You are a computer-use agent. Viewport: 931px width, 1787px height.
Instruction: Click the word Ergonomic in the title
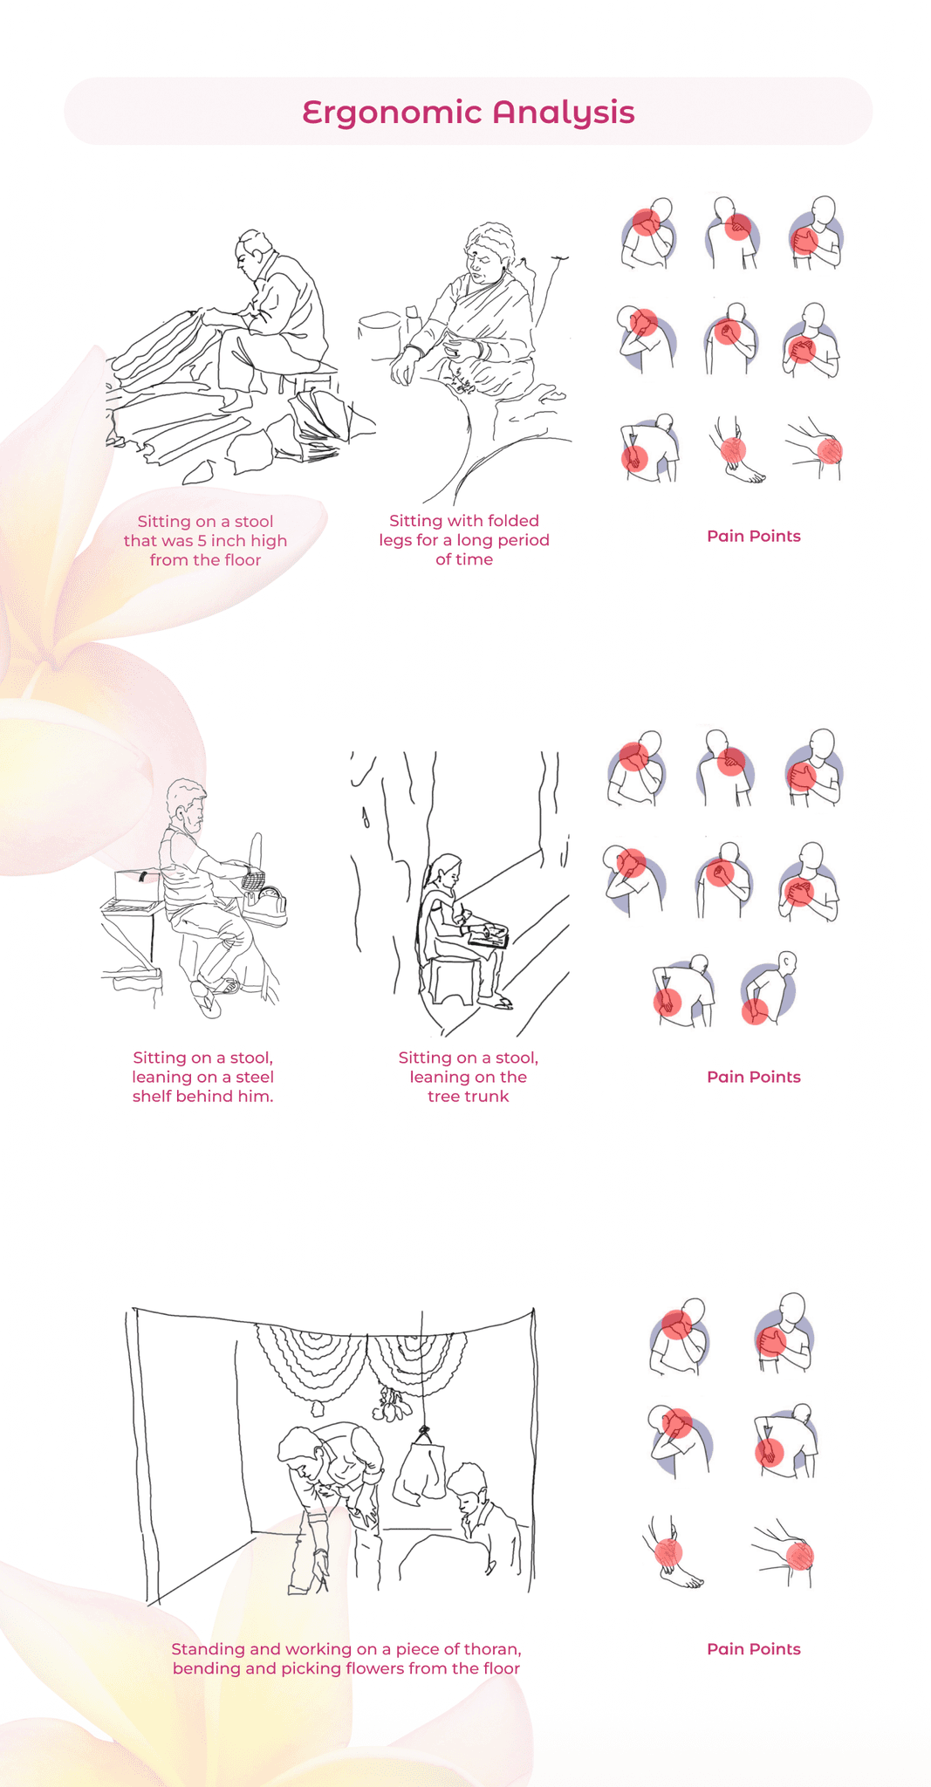391,113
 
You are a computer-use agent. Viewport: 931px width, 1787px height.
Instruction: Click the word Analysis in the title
564,113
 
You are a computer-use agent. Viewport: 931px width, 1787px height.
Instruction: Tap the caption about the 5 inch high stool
205,540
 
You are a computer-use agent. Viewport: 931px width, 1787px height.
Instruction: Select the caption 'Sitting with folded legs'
464,539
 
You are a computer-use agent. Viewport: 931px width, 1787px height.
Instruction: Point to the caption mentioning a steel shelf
202,1077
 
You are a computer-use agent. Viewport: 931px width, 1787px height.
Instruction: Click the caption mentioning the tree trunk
469,1077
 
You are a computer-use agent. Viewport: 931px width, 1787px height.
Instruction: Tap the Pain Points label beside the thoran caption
754,1649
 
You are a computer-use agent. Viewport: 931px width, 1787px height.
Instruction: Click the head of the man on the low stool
251,253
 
